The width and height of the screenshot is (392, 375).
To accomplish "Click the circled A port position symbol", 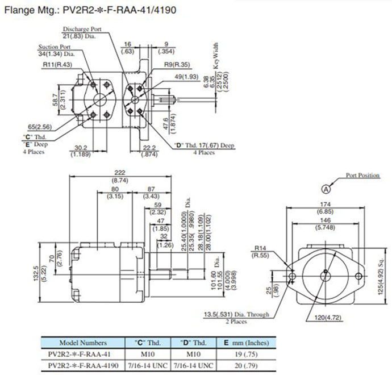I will [x=326, y=188].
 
